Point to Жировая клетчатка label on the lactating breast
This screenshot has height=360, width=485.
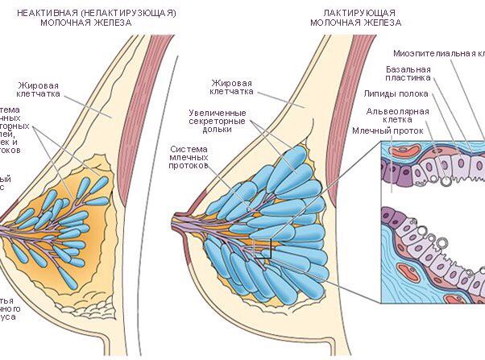[x=231, y=86]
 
